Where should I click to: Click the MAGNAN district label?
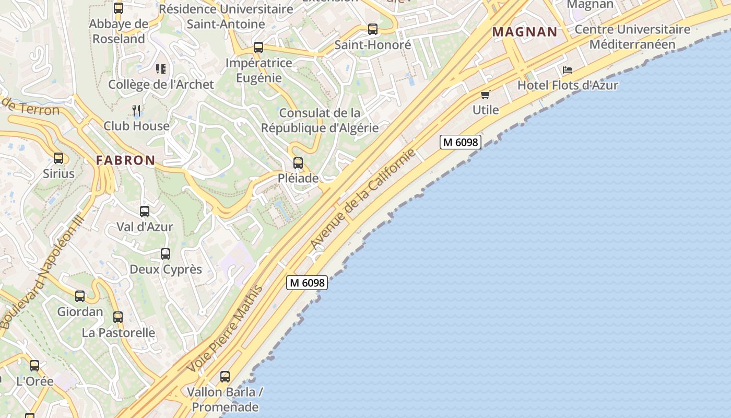click(x=525, y=32)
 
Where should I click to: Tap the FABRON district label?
click(x=125, y=160)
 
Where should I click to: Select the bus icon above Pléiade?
click(x=298, y=163)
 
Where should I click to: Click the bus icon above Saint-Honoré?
click(x=373, y=29)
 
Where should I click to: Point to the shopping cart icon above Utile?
click(x=486, y=95)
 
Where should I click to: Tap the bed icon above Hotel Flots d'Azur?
click(x=568, y=70)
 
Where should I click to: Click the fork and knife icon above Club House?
click(x=137, y=110)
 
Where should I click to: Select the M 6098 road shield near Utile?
click(x=460, y=142)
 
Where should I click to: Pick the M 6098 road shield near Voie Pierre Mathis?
click(x=307, y=283)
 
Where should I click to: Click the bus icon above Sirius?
click(x=58, y=158)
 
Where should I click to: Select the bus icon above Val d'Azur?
click(x=145, y=212)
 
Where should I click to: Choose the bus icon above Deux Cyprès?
click(x=166, y=254)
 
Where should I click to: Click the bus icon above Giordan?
click(x=80, y=296)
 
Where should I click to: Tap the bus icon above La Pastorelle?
click(x=118, y=317)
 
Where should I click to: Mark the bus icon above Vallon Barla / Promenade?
click(x=225, y=376)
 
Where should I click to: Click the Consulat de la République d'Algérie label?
click(x=320, y=120)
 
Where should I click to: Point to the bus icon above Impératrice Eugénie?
click(x=258, y=48)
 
